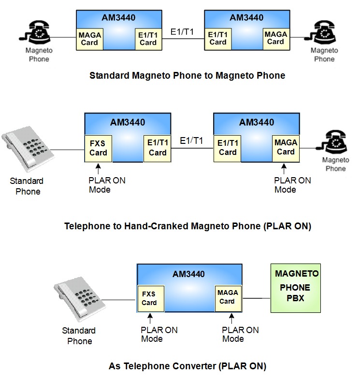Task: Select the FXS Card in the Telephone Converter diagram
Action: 149,298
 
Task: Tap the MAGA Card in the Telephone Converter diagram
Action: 227,297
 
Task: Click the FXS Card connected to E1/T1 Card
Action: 98,148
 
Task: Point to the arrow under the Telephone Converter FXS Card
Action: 150,318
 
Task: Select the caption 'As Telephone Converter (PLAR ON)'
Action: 187,366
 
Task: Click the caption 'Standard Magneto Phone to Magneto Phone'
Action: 187,75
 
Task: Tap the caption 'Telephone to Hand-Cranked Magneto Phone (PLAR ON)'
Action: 187,226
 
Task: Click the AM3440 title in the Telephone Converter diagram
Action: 188,274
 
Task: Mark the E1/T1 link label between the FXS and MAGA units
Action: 191,140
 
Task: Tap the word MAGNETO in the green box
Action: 297,274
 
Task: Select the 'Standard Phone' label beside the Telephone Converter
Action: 79,336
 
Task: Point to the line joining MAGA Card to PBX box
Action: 255,298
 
